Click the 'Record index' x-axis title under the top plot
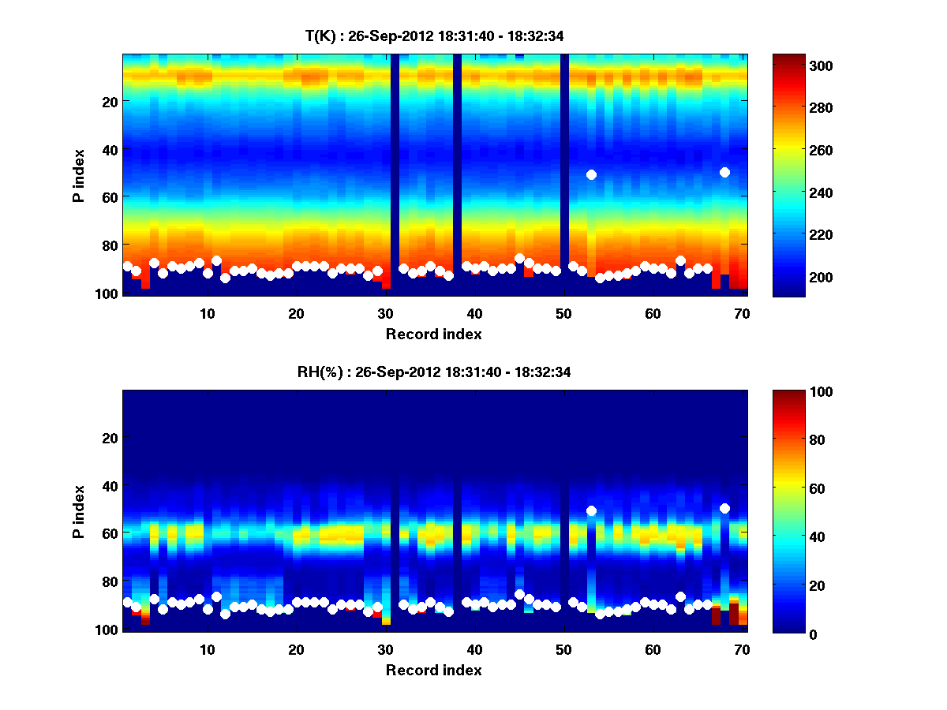[x=434, y=334]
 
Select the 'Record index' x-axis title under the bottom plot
[x=434, y=670]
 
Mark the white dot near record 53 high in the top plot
[x=591, y=174]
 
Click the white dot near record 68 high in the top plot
[x=724, y=172]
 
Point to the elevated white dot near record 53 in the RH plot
[x=591, y=510]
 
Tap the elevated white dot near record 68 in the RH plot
[x=724, y=508]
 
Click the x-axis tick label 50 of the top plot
[x=563, y=313]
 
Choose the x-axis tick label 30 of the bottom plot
[x=385, y=649]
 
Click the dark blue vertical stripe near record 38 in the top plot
[x=457, y=174]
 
